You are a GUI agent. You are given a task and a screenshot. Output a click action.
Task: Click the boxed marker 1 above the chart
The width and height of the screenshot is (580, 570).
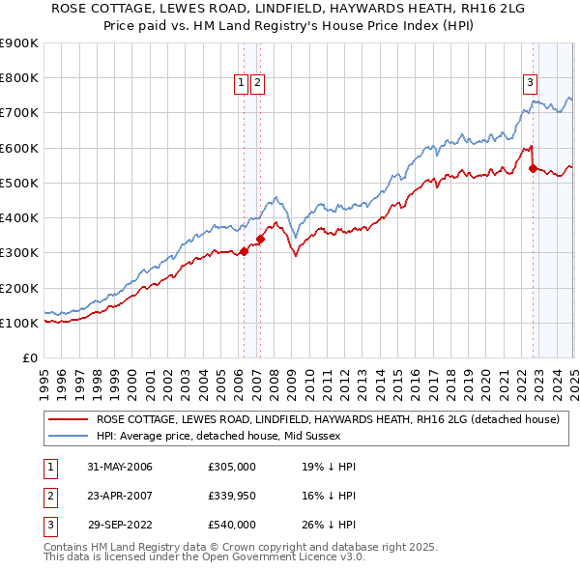pos(241,84)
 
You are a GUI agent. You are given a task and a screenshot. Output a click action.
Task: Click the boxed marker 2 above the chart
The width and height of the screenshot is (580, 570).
pos(258,84)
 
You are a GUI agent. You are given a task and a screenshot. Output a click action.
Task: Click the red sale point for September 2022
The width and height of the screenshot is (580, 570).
pos(533,168)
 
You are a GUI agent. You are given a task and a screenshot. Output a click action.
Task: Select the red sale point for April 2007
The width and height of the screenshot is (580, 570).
pos(260,239)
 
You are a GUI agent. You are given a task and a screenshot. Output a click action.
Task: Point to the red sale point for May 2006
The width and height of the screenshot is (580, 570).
pos(244,251)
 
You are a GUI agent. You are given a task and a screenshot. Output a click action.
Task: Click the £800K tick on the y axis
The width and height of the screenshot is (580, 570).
pos(19,77)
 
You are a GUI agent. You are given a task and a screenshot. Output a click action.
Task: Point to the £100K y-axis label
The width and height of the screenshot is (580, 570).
pos(19,323)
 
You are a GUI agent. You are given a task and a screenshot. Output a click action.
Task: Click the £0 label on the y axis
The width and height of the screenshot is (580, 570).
pos(29,357)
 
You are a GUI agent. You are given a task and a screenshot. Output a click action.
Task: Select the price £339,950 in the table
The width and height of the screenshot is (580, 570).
pos(232,496)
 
